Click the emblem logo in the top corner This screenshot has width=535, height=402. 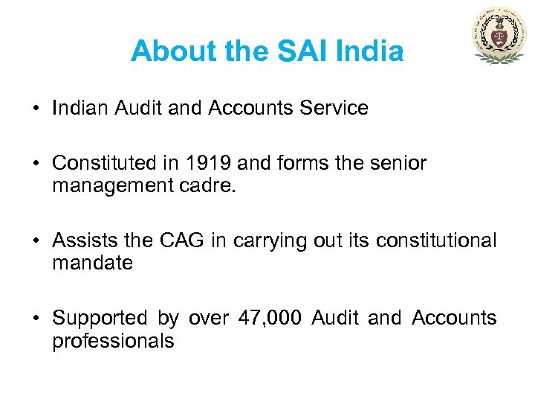tap(499, 36)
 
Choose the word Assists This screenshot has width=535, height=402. tap(83, 241)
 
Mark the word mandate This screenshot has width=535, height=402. tap(92, 262)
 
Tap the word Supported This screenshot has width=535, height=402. tap(100, 319)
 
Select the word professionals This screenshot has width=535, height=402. tap(113, 341)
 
